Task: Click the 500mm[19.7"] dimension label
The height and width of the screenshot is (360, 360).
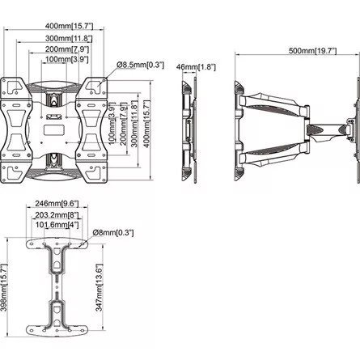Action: click(313, 51)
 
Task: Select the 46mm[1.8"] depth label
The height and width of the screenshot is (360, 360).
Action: click(196, 67)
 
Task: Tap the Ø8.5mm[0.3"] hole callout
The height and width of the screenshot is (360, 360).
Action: click(140, 65)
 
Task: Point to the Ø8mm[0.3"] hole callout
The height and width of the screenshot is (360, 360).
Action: click(113, 232)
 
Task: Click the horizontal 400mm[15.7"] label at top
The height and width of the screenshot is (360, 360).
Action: click(69, 26)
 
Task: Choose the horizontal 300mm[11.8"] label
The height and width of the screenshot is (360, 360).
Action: click(69, 38)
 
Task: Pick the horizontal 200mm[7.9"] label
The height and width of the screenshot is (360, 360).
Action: click(67, 49)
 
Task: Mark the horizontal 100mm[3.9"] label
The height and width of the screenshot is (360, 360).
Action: click(66, 59)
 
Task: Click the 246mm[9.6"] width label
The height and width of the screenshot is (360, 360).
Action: click(57, 203)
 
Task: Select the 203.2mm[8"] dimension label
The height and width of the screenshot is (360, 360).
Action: click(57, 215)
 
